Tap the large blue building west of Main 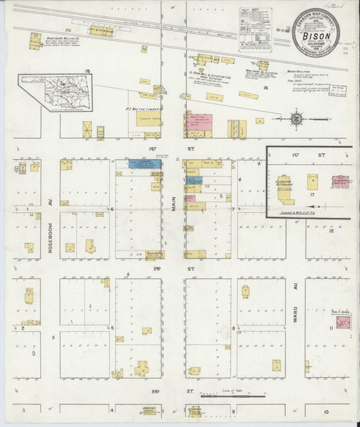(145, 164)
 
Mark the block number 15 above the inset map (87, 70)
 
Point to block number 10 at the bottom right (326, 411)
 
